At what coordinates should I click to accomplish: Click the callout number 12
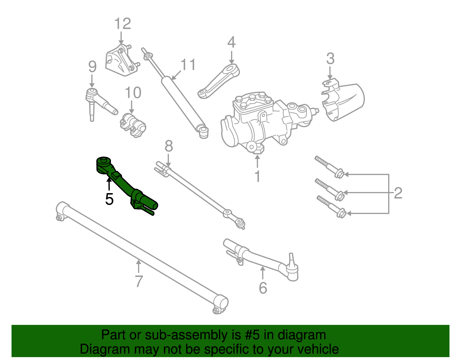(123, 24)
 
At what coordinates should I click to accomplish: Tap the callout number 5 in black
(109, 199)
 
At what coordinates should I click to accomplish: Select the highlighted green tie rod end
(124, 184)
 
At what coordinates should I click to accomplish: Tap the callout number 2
(398, 193)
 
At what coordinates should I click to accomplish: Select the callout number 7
(139, 281)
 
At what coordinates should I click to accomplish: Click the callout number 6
(263, 288)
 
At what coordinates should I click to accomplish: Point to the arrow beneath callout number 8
(169, 160)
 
